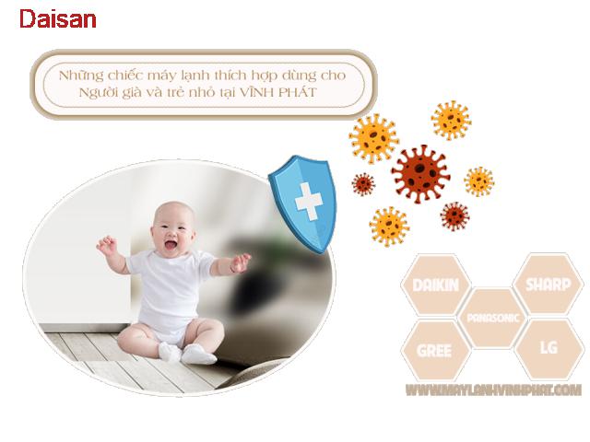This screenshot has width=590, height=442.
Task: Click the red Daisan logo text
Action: point(58,18)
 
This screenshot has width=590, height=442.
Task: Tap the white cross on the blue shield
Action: point(309,201)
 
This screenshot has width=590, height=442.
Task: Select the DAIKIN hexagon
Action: point(436,285)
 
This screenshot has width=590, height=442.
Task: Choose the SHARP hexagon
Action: point(548,285)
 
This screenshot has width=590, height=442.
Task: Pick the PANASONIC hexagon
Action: point(493,318)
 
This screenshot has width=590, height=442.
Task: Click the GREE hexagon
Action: point(436,351)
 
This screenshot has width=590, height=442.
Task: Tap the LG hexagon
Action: point(549,349)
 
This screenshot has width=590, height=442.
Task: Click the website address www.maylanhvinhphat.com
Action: point(494,390)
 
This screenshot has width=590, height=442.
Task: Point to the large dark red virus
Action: point(420,174)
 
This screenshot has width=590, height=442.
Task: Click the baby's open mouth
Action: point(171,245)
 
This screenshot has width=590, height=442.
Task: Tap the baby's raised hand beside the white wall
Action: point(107,245)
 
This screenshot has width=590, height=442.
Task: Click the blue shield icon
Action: point(303,204)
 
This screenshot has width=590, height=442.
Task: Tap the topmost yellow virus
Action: point(451,121)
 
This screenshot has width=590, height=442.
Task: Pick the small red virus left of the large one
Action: point(363,184)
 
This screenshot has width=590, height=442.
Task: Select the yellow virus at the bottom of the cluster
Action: point(389,227)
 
